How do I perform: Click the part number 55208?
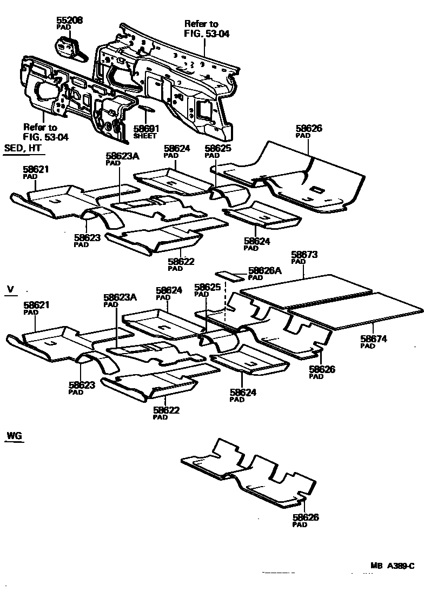click(70, 21)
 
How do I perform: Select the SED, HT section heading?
click(23, 148)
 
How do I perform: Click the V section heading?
click(10, 289)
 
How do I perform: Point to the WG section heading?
click(14, 435)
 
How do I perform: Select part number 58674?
click(373, 340)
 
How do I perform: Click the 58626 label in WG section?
click(306, 517)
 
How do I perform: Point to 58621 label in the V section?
click(36, 305)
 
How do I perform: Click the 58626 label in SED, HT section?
click(309, 129)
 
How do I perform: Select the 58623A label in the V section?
click(121, 298)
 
